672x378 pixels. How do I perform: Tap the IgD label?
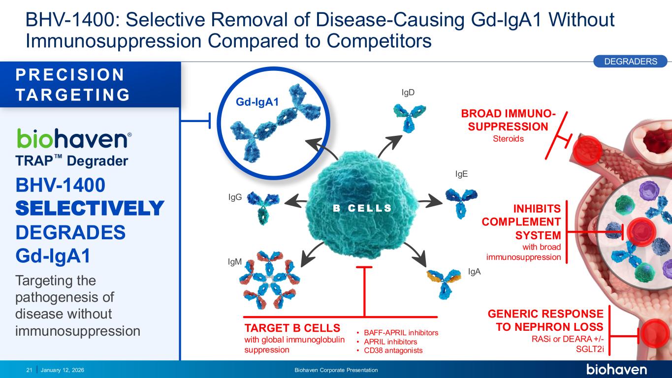point(408,92)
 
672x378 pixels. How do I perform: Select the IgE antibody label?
point(461,174)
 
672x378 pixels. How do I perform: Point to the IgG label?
point(235,197)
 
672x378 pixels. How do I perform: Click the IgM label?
point(235,262)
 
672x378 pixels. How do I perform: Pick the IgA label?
point(474,271)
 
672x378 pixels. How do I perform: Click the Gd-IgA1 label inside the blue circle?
point(257,102)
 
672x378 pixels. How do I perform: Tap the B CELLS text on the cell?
point(362,208)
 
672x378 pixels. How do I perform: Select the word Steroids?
point(508,139)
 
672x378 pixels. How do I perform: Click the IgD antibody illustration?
point(406,116)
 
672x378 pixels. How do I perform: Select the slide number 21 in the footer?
point(29,370)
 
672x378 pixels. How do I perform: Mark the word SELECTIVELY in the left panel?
point(89,208)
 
